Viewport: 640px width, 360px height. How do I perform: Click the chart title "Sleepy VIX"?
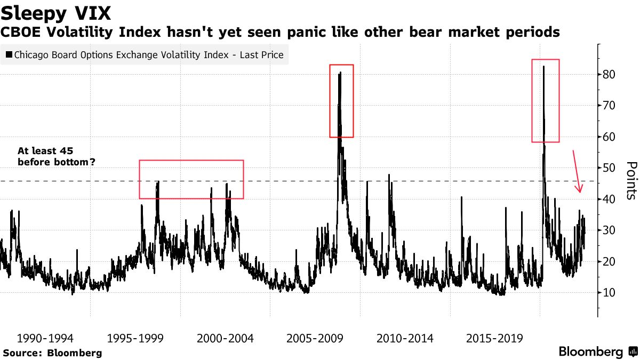point(56,12)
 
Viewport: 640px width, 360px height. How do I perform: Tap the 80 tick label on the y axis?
point(610,75)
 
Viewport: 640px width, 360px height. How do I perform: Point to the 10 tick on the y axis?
point(610,293)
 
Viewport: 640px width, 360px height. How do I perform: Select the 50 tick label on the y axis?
point(610,168)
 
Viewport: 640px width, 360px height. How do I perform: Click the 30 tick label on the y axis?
point(610,230)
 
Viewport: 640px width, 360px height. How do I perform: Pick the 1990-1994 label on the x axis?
point(45,339)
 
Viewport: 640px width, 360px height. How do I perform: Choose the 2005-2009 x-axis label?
point(315,339)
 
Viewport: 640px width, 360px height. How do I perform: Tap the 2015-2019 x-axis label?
point(495,339)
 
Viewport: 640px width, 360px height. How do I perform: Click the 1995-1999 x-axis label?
point(135,339)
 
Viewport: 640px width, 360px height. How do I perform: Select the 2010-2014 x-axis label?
point(405,339)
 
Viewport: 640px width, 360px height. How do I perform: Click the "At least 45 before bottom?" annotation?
point(57,156)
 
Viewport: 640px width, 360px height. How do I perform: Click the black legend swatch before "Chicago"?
point(9,55)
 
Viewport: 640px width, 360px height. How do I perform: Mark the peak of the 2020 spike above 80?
point(543,67)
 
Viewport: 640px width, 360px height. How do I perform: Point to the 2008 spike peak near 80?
point(340,73)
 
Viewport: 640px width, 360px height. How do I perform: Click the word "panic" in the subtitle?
point(294,33)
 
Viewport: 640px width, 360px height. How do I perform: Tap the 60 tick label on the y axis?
point(610,137)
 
